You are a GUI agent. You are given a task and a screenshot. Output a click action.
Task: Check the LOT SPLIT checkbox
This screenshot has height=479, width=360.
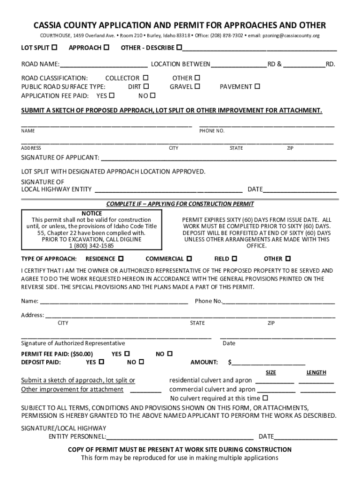[x=55, y=47]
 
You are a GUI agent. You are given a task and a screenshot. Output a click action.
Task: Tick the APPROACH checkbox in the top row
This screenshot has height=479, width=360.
[x=107, y=47]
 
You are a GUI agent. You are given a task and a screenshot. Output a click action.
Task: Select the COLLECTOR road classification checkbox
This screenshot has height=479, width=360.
[x=145, y=78]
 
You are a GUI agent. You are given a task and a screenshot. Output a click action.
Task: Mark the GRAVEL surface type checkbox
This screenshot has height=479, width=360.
[x=197, y=87]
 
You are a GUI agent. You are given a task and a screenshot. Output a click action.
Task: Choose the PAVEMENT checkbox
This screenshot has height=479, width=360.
[x=257, y=87]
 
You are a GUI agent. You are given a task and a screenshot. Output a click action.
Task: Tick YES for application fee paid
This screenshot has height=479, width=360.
[x=112, y=95]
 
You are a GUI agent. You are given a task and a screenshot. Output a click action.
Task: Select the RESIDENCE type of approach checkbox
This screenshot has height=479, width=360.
[x=121, y=258]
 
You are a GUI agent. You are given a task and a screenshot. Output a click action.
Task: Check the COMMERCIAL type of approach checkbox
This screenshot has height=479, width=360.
[x=189, y=258]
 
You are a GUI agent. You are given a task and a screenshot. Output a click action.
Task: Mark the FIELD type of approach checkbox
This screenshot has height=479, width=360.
[x=234, y=258]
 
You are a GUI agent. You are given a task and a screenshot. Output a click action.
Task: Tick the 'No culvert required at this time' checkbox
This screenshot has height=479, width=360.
[x=265, y=398]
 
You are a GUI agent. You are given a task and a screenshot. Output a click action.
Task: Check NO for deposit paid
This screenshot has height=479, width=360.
[x=141, y=362]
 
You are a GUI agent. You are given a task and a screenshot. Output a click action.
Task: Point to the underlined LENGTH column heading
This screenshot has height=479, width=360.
[x=316, y=372]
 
